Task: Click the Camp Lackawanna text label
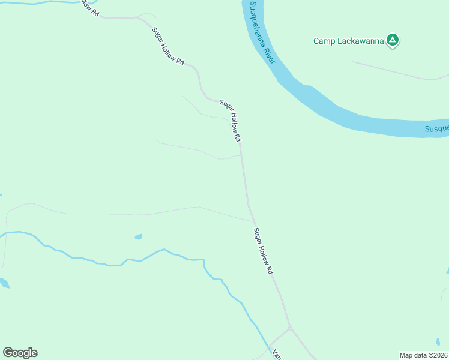pos(348,41)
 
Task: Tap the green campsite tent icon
pos(393,41)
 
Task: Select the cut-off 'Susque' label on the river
pos(436,129)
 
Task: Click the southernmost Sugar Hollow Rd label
pos(263,251)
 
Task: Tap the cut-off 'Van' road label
pos(277,355)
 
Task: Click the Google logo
pos(20,353)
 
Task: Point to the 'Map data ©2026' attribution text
pos(423,355)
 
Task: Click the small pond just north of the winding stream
pos(139,236)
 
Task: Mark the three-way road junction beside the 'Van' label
pos(290,328)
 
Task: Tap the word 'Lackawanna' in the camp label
pos(360,41)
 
